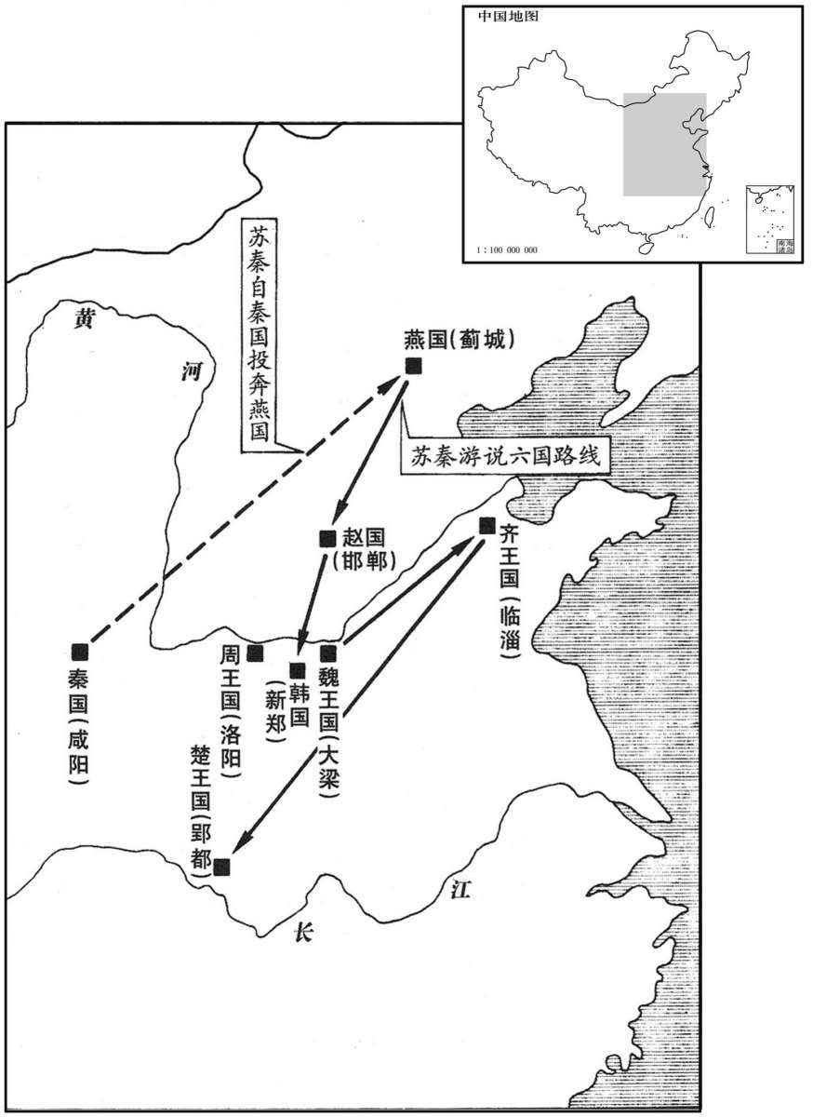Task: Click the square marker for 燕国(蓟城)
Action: coord(414,366)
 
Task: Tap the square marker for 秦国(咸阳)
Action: coord(80,651)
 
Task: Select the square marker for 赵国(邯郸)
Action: coord(327,537)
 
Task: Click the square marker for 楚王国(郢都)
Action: coord(221,868)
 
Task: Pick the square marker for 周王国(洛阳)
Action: coord(256,653)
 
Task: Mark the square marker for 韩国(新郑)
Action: coord(298,669)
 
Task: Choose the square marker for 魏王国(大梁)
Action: coord(327,653)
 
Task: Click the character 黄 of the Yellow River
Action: coord(85,320)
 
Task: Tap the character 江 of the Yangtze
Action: coord(460,891)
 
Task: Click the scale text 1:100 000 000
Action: coord(506,250)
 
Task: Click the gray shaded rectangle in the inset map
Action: coord(663,144)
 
